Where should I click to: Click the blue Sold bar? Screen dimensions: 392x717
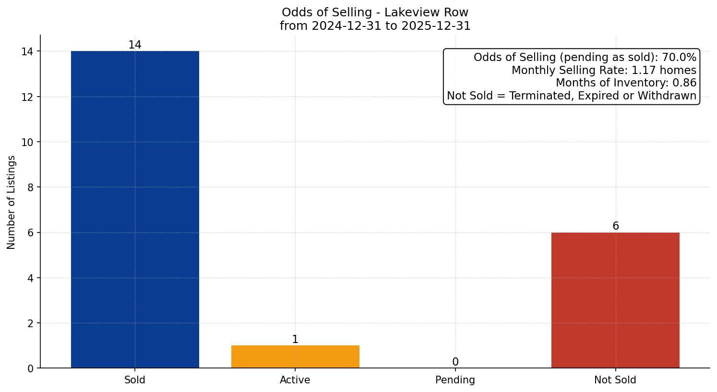[135, 209]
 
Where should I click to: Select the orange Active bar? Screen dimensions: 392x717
[295, 356]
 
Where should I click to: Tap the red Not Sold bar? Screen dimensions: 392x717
[615, 300]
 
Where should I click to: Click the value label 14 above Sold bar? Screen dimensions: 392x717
[135, 45]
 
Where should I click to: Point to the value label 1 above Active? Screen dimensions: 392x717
[295, 340]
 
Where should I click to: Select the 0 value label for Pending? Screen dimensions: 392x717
[455, 362]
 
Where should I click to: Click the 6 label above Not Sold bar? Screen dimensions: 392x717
[615, 226]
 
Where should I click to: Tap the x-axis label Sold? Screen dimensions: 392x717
[135, 380]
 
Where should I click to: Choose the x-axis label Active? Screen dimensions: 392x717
[295, 380]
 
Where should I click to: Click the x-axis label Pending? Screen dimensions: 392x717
[455, 380]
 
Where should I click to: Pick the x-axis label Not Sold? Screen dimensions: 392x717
[615, 380]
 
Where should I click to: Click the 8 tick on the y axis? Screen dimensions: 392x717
[30, 187]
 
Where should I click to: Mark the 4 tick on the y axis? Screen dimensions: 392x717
[30, 278]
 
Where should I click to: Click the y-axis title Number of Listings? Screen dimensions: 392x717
[12, 202]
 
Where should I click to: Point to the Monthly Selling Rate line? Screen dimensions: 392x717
[604, 70]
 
